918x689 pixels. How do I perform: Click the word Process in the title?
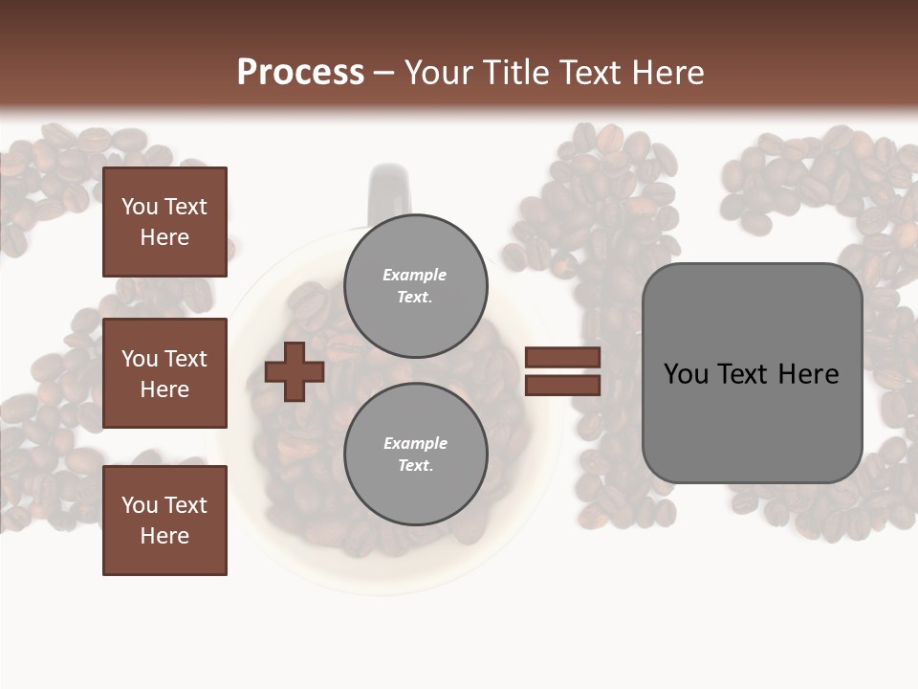[300, 73]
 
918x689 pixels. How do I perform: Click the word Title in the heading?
[515, 73]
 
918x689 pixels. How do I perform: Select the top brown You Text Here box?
[164, 222]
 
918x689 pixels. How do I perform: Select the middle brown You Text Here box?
[164, 373]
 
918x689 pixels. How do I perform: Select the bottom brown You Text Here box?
[164, 520]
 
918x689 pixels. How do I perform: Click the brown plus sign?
[295, 371]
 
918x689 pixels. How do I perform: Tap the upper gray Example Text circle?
[415, 286]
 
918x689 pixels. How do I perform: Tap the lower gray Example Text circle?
[415, 455]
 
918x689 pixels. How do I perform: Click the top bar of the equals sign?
[562, 357]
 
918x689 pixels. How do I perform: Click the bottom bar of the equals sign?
[562, 386]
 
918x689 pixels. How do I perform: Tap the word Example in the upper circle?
[415, 275]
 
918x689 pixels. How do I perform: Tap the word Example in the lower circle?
[415, 443]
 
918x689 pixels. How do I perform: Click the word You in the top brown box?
[140, 207]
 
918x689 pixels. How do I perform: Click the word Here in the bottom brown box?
[164, 536]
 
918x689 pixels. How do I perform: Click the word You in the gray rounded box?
[686, 374]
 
